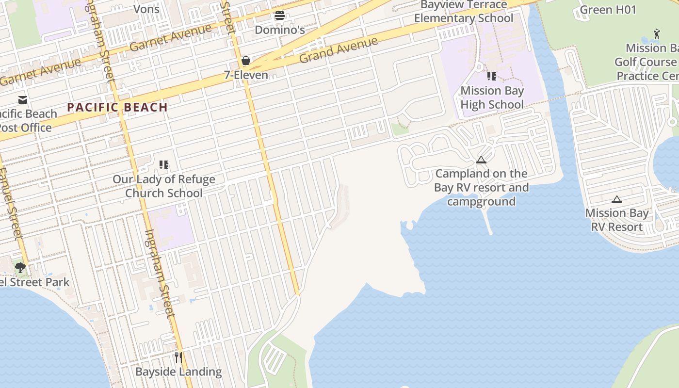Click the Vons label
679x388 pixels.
[x=146, y=9]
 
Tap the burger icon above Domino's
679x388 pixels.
[x=279, y=16]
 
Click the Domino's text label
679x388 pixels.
[x=280, y=30]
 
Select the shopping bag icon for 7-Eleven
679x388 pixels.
[x=246, y=61]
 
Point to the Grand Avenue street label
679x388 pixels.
[x=338, y=50]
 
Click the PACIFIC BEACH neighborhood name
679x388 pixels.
[x=117, y=107]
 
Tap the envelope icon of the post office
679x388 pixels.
[x=23, y=100]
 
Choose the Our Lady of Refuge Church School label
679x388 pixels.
[x=164, y=186]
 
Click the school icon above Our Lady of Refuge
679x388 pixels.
[x=164, y=165]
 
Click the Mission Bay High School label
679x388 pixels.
[x=492, y=97]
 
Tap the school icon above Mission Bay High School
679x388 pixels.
[x=492, y=76]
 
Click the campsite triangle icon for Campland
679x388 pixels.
[x=481, y=160]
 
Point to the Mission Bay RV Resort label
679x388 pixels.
[x=616, y=220]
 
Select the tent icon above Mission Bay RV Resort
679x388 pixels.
[x=616, y=199]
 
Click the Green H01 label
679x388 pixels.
[x=608, y=10]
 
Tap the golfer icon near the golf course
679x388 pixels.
[x=657, y=33]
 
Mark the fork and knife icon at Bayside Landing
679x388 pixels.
[x=178, y=357]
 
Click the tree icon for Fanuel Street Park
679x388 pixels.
[x=20, y=267]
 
